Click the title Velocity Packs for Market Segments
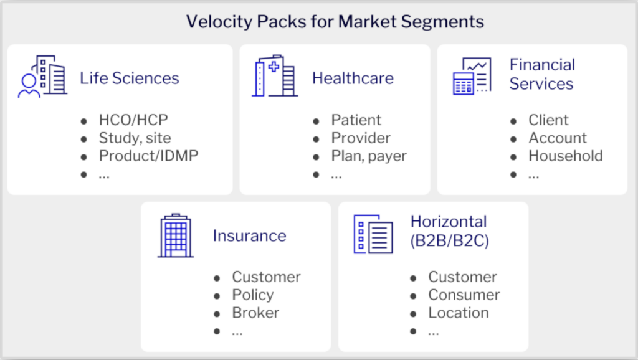click(x=335, y=22)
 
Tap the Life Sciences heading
click(x=129, y=78)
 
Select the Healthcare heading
click(x=353, y=78)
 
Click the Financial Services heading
click(x=542, y=74)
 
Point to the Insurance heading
click(x=249, y=236)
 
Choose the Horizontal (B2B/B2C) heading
click(x=449, y=231)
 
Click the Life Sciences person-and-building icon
click(x=42, y=77)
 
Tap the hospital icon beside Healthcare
click(x=274, y=76)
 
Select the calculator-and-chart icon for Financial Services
click(x=472, y=76)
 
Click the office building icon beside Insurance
click(x=176, y=235)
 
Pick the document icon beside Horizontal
click(x=373, y=234)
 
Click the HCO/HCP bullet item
click(x=133, y=120)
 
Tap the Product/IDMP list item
click(x=148, y=156)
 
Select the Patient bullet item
click(x=356, y=120)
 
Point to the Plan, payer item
click(x=368, y=156)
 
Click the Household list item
click(x=565, y=156)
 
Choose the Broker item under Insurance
click(x=255, y=313)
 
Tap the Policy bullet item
click(x=252, y=295)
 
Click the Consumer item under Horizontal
click(x=464, y=295)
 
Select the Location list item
click(x=458, y=313)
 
